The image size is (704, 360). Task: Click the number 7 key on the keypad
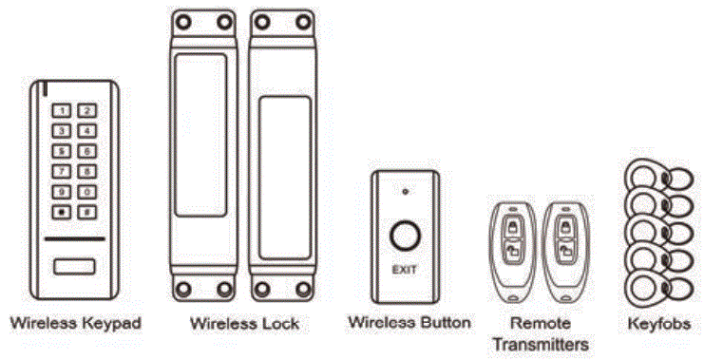click(x=63, y=171)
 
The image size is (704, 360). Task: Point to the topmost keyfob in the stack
click(x=645, y=176)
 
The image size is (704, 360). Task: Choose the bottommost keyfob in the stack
click(x=645, y=283)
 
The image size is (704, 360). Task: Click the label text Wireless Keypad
click(x=75, y=324)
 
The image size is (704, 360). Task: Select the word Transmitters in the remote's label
click(x=539, y=343)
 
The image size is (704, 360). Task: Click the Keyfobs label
click(x=661, y=324)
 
